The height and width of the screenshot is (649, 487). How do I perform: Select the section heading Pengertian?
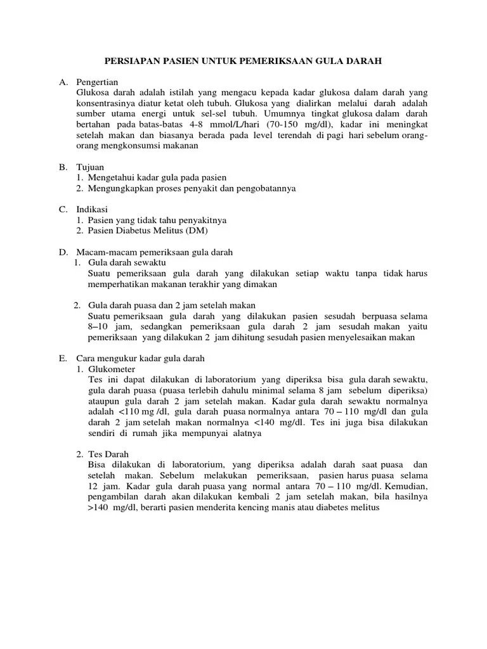pos(96,82)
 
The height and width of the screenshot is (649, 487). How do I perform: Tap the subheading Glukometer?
pos(112,369)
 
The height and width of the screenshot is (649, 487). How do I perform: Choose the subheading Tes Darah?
pos(108,454)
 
